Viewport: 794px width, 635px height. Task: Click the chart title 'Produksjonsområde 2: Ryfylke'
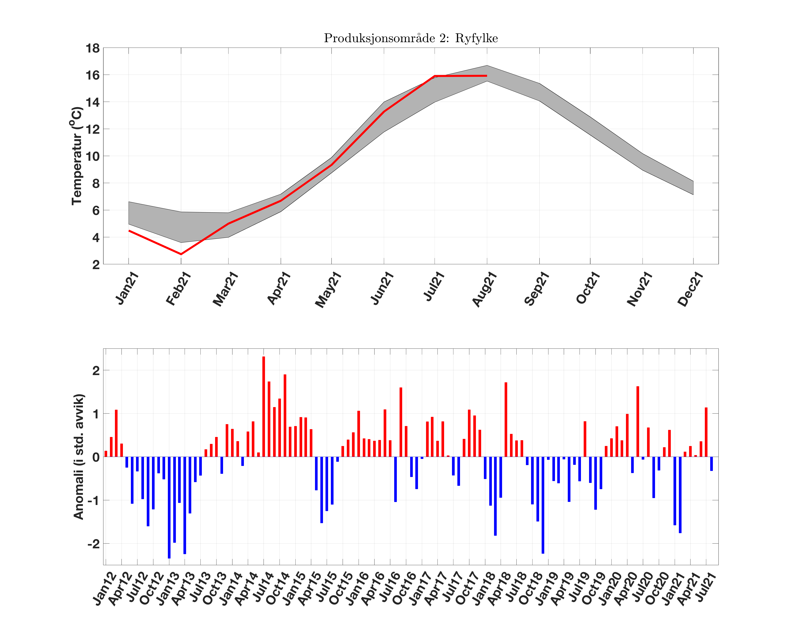[411, 38]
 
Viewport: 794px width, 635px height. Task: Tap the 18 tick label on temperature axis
[92, 48]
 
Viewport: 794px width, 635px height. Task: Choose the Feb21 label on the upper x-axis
[178, 289]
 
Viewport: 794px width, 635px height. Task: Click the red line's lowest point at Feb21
[181, 254]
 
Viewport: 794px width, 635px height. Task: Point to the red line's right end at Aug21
[486, 76]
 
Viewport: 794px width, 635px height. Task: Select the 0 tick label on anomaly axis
[96, 457]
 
